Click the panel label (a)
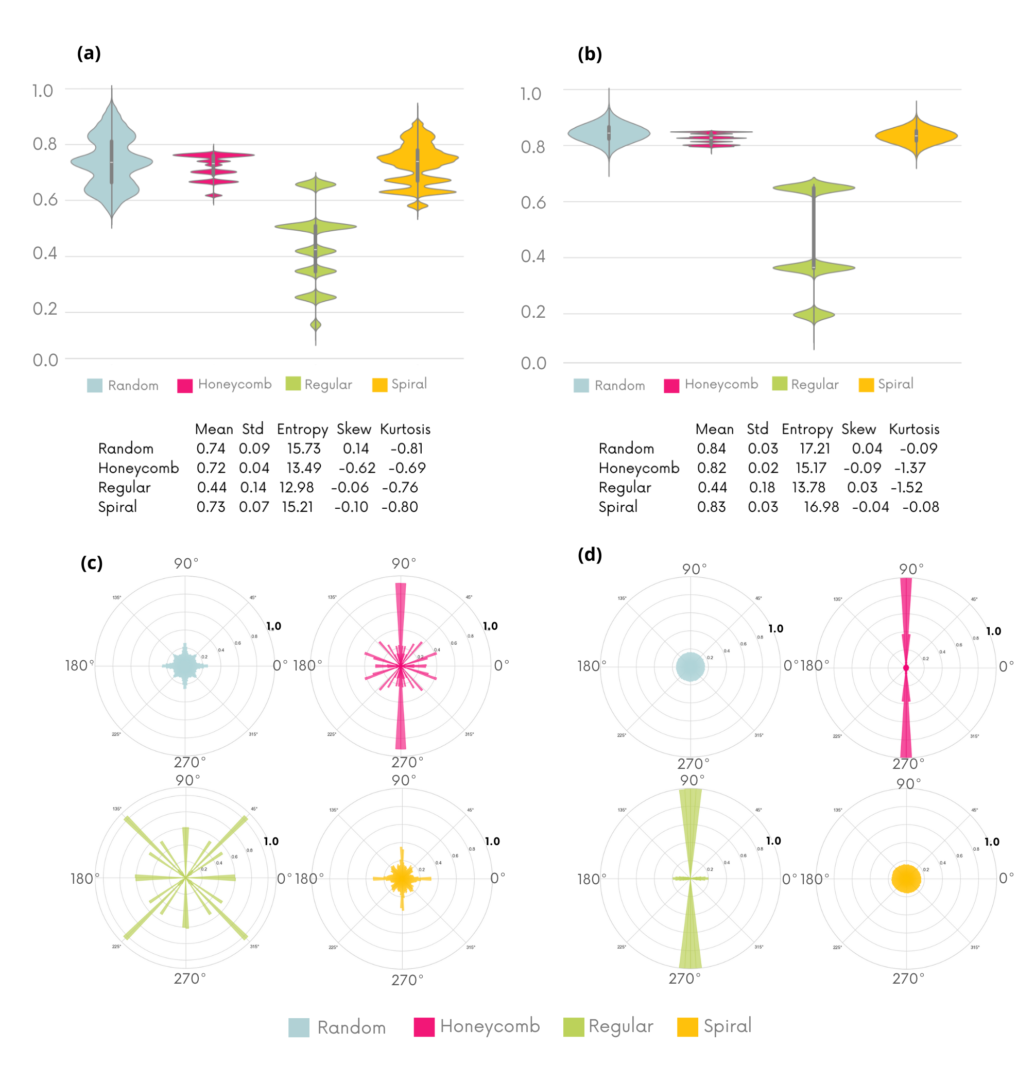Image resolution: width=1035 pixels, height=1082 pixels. click(x=89, y=54)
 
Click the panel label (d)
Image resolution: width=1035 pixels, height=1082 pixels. click(x=589, y=554)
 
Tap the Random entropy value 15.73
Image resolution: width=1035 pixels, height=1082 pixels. click(x=303, y=449)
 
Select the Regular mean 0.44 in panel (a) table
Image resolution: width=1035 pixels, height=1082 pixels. click(x=212, y=487)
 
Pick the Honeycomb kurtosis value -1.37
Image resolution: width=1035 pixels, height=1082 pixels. click(x=910, y=468)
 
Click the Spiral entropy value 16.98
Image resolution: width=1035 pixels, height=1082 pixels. click(x=821, y=507)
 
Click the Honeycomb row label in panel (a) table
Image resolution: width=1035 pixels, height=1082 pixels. click(x=139, y=468)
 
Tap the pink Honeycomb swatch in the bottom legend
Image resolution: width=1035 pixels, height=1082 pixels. click(x=424, y=1027)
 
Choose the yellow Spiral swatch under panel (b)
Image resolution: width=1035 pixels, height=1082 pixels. click(x=866, y=385)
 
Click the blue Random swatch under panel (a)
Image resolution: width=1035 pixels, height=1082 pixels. click(x=95, y=385)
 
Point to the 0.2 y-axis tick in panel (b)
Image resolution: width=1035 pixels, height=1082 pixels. click(x=533, y=312)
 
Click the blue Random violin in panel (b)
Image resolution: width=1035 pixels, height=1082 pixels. click(x=609, y=133)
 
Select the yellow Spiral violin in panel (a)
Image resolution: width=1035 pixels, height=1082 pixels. click(x=418, y=160)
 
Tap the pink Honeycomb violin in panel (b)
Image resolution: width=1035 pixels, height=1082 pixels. click(x=711, y=138)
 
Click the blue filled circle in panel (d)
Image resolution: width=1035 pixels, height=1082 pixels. click(x=690, y=666)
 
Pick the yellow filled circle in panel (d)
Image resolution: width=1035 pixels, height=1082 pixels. click(x=906, y=879)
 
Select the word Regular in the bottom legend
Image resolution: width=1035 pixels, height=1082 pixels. click(x=620, y=1026)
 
